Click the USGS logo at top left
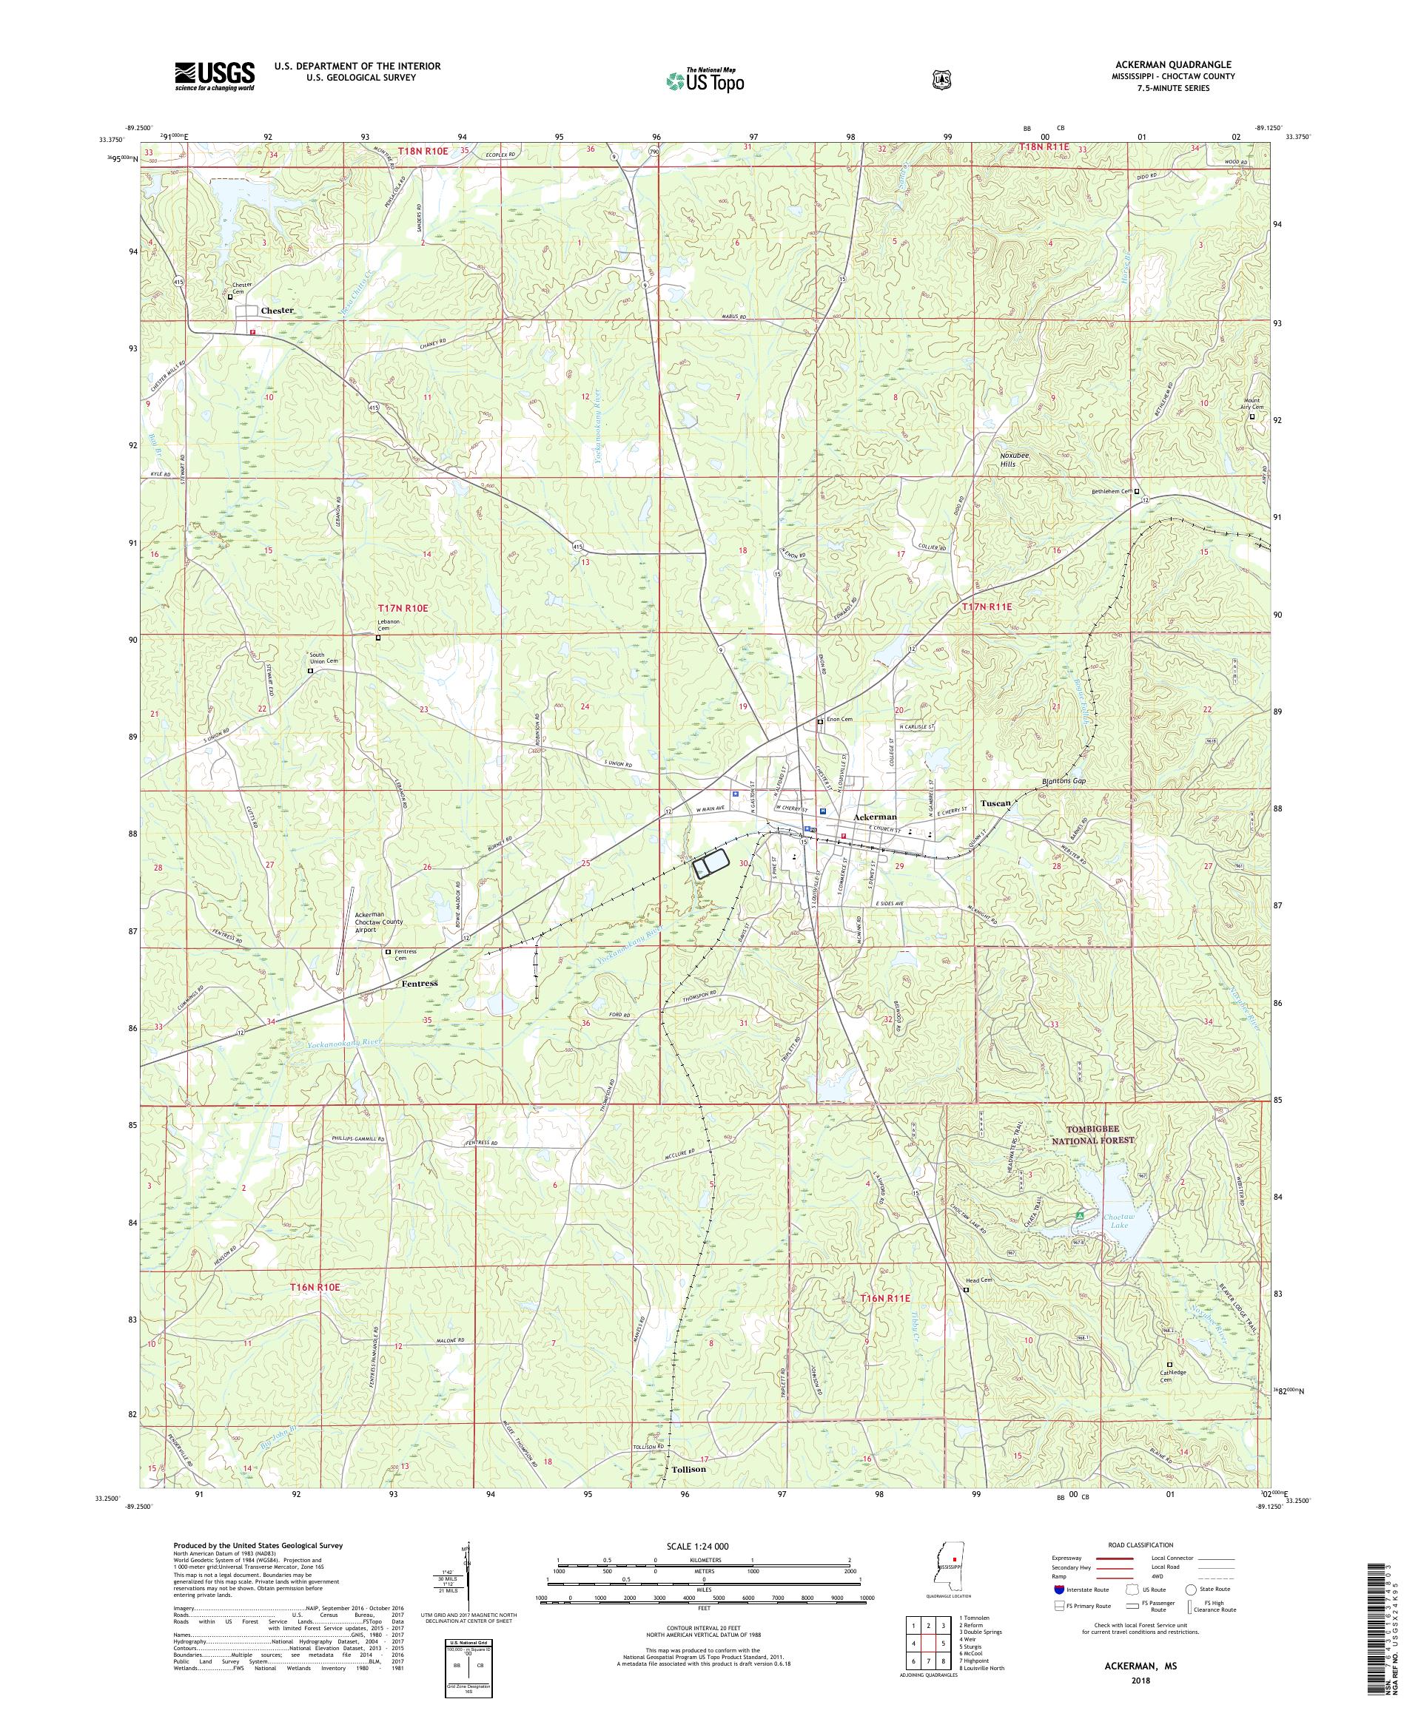click(x=214, y=76)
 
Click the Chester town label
click(x=276, y=311)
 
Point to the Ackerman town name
click(x=874, y=817)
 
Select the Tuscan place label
click(x=995, y=803)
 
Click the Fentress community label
click(x=420, y=984)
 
